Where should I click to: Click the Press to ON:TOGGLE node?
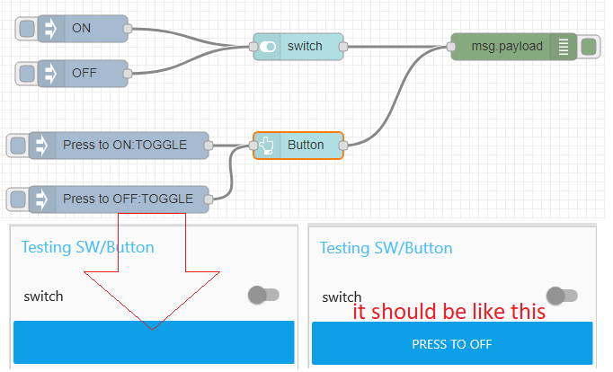pos(130,145)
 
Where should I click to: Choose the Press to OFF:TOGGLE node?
pos(130,199)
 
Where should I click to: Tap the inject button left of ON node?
pos(28,29)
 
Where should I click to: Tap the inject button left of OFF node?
pos(28,73)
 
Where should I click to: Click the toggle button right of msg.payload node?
pos(589,46)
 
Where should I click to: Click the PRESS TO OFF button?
pos(451,343)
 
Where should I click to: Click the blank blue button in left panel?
pos(154,342)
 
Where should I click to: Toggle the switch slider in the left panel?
pos(263,295)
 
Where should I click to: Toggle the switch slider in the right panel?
pos(562,295)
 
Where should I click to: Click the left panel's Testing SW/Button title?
pos(88,247)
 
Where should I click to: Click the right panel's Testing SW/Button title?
pos(386,247)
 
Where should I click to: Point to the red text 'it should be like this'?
pos(449,312)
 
